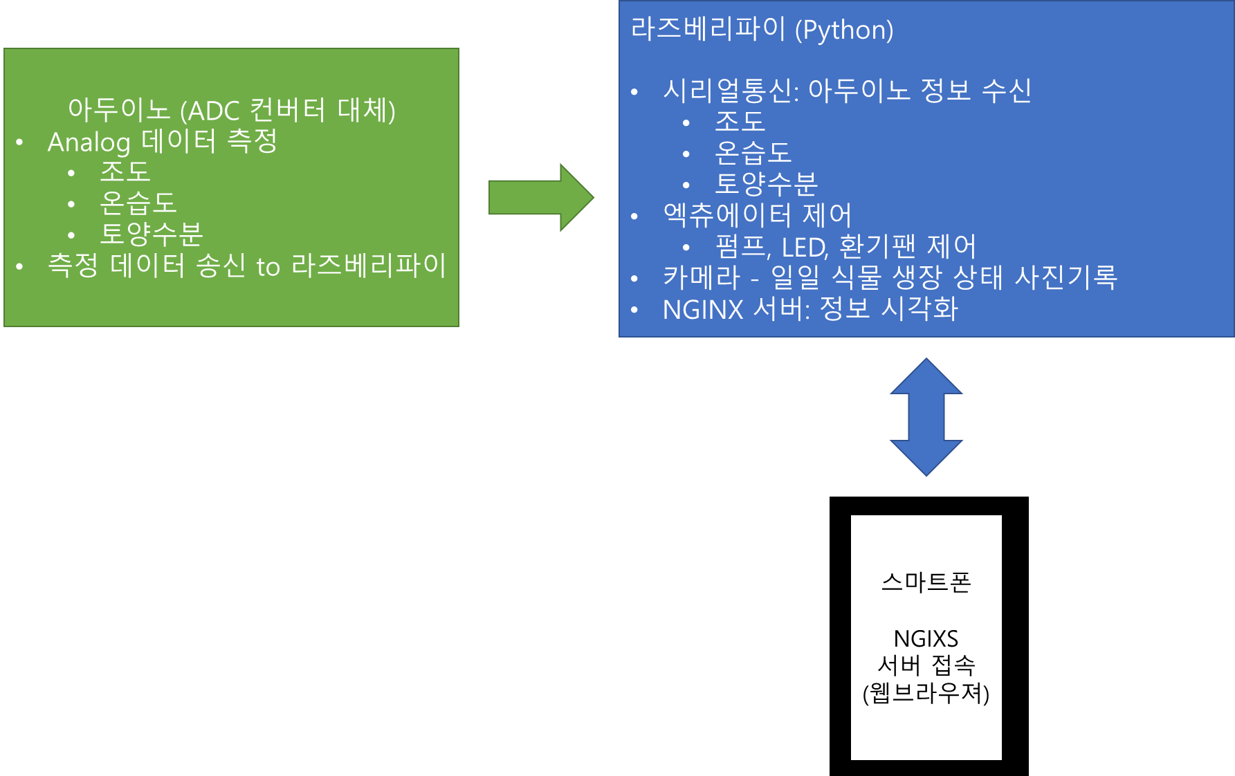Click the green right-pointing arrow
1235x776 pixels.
coord(541,198)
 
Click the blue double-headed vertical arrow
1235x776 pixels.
coord(926,417)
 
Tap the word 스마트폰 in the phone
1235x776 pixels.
coord(926,582)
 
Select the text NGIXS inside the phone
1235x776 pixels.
coord(926,638)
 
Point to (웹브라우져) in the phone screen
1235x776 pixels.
coord(926,692)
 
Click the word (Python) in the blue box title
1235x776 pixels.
coord(844,30)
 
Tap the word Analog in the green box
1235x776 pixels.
coord(89,143)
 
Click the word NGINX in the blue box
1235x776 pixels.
coord(703,310)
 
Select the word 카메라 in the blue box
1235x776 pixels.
coord(702,277)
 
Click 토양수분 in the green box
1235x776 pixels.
coord(152,234)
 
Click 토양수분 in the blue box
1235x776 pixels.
coord(767,184)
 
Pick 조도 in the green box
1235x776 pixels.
coord(125,172)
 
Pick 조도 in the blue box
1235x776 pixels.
coord(740,122)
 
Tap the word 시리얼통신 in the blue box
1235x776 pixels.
coord(729,91)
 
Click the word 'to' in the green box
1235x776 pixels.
coord(268,267)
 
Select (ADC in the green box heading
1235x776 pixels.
coord(210,111)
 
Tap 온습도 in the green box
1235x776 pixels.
coord(138,203)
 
